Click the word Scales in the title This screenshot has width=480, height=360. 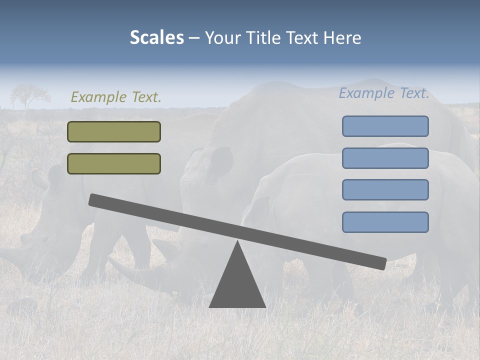click(x=156, y=38)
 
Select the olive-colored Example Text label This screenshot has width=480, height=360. click(x=116, y=97)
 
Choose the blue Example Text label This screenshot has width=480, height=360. click(x=384, y=93)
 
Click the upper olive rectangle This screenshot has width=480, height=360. click(x=114, y=131)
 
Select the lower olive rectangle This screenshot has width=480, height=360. click(x=114, y=163)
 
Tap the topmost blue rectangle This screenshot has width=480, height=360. click(x=385, y=126)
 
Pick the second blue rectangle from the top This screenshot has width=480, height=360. click(x=385, y=158)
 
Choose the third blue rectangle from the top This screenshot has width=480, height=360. click(x=385, y=189)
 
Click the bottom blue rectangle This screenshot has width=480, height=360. click(x=385, y=222)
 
